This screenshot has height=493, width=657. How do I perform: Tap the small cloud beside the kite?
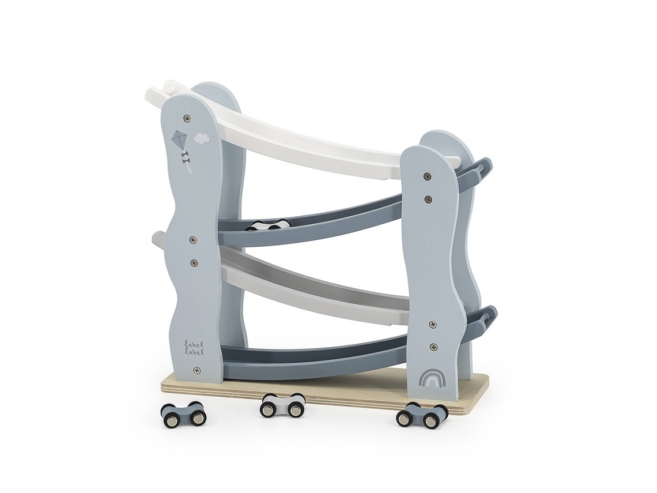click(x=202, y=137)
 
